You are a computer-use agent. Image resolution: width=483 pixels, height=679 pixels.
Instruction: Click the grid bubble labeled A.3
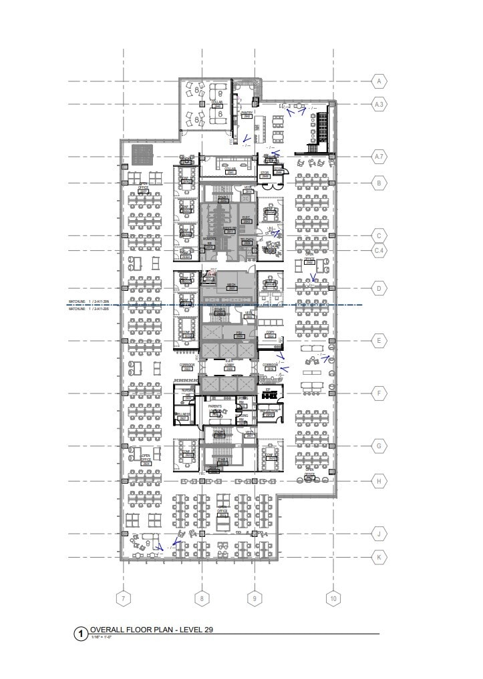[379, 104]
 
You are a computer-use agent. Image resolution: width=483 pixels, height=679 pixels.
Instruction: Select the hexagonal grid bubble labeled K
[379, 557]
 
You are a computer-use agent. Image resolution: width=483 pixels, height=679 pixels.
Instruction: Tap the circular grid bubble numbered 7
[122, 598]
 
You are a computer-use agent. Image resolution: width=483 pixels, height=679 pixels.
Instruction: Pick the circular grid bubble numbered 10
[333, 598]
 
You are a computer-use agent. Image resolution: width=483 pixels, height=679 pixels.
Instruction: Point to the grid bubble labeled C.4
[379, 250]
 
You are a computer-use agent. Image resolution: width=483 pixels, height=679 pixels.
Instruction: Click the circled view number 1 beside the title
[82, 633]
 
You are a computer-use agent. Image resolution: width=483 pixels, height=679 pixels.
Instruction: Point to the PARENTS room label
[216, 406]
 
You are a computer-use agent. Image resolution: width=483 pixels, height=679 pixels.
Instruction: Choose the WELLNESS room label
[182, 415]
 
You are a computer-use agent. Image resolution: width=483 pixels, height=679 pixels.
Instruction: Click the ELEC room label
[246, 218]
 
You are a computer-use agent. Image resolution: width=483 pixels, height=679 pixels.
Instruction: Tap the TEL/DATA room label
[247, 241]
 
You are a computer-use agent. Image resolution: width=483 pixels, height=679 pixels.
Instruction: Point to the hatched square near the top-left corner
[142, 155]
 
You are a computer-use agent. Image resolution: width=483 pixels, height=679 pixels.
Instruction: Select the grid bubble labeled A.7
[379, 157]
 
